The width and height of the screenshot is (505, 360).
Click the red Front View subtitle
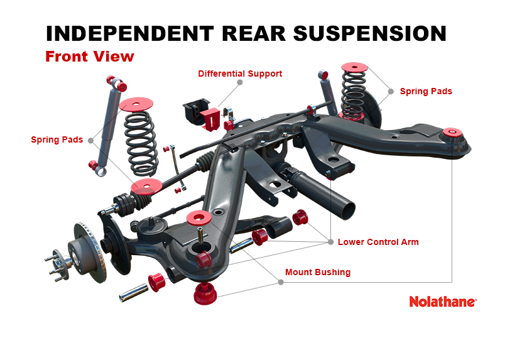(x=90, y=57)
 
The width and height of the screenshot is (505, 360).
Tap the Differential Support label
(x=240, y=74)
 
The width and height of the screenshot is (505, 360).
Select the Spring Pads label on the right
(x=426, y=91)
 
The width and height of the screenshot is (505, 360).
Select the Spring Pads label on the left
(x=57, y=139)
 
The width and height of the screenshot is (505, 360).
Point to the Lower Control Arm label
(x=378, y=242)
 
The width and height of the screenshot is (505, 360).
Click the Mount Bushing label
(x=318, y=273)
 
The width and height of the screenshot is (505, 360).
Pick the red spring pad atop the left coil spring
(x=136, y=104)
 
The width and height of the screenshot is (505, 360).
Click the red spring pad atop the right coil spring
(x=355, y=66)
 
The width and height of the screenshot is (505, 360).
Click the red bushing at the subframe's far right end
(x=450, y=133)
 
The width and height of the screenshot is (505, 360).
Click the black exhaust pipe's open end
(x=345, y=208)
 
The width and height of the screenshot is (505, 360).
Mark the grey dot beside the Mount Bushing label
(x=281, y=282)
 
